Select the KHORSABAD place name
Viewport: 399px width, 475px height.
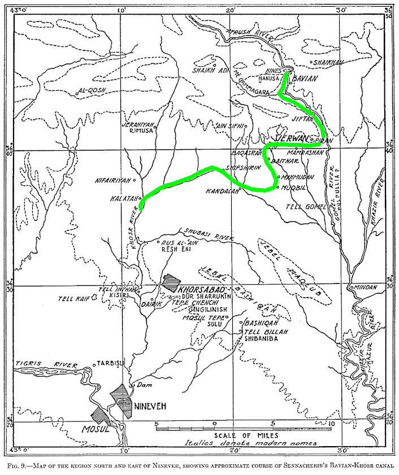(x=198, y=289)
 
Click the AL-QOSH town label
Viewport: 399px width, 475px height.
(x=92, y=90)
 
